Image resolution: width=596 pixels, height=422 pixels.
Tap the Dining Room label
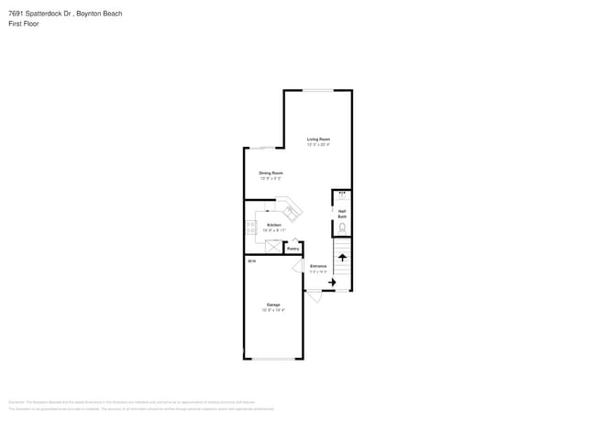pyautogui.click(x=270, y=172)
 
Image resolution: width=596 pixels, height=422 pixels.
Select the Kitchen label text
pyautogui.click(x=274, y=225)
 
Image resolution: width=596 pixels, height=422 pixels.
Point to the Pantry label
pyautogui.click(x=293, y=248)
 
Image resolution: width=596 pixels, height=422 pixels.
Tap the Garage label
pyautogui.click(x=273, y=305)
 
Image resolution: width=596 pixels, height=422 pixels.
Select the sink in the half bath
pyautogui.click(x=342, y=194)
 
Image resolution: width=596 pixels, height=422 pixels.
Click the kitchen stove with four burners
pyautogui.click(x=250, y=227)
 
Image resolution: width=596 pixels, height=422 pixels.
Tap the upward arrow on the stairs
pyautogui.click(x=342, y=257)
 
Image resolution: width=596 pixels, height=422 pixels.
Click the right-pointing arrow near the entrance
pyautogui.click(x=331, y=283)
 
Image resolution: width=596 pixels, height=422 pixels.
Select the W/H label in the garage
pyautogui.click(x=251, y=261)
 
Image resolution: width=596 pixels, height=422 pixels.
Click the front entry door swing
pyautogui.click(x=314, y=296)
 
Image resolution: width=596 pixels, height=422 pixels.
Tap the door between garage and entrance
pyautogui.click(x=298, y=266)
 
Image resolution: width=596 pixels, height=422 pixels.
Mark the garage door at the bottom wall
pyautogui.click(x=273, y=358)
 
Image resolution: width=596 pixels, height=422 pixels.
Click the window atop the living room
pyautogui.click(x=318, y=90)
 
